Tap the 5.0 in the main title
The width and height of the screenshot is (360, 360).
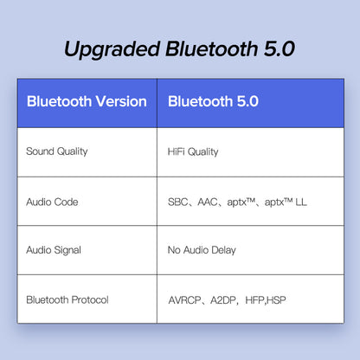[x=276, y=48]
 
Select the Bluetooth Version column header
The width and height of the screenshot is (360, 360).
[x=87, y=101]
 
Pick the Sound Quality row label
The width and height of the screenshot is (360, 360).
[x=57, y=151]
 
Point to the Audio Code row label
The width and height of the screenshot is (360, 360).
[x=52, y=202]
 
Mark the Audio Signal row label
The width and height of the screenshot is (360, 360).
[x=54, y=250]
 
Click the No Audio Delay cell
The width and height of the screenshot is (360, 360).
[x=202, y=250]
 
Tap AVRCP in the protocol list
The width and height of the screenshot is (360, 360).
[x=184, y=300]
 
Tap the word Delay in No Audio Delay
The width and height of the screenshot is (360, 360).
[x=222, y=250]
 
